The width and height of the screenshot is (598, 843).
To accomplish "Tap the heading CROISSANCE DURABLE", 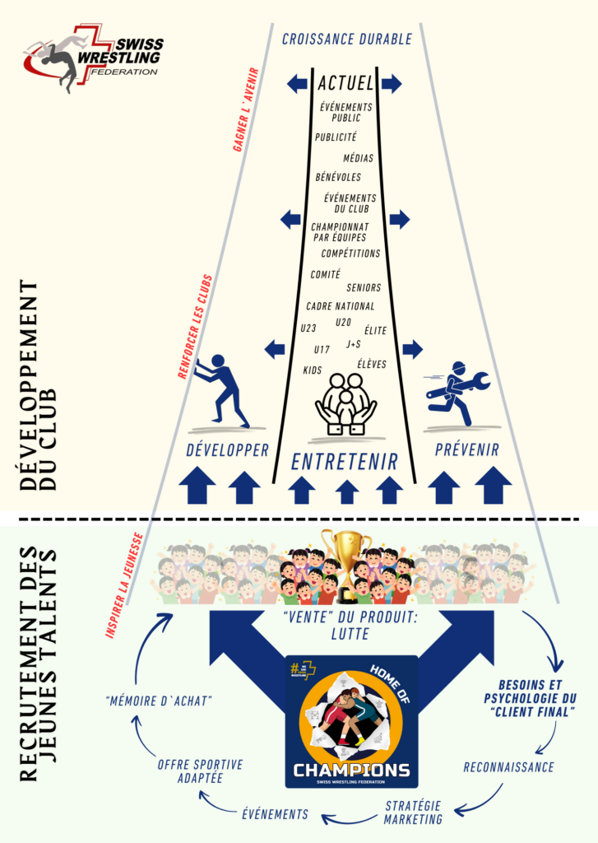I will coord(346,39).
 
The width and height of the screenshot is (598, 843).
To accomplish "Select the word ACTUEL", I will coord(345,83).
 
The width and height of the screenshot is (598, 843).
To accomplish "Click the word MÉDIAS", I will coord(358,157).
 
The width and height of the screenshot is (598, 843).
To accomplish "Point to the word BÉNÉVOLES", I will coord(337,176).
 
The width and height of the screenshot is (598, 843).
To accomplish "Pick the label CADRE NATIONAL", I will coord(340,306).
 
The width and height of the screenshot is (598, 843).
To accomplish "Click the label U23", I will coord(309,329).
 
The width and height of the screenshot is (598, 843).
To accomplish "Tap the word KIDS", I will coord(313,370).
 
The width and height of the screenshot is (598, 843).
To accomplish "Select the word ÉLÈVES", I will coord(372,363).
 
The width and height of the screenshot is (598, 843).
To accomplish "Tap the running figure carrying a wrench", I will coord(458,390).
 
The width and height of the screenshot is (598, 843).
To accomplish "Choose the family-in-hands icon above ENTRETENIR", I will coord(345,403).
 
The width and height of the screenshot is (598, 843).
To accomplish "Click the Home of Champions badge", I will coord(351,721).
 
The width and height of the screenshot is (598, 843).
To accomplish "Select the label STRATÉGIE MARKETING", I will coord(413,811).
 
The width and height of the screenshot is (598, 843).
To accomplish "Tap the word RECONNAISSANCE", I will coord(508,766).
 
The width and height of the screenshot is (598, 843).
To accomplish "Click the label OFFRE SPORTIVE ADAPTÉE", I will coord(201,771).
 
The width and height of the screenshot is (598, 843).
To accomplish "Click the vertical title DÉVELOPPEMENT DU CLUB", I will coord(39,385).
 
